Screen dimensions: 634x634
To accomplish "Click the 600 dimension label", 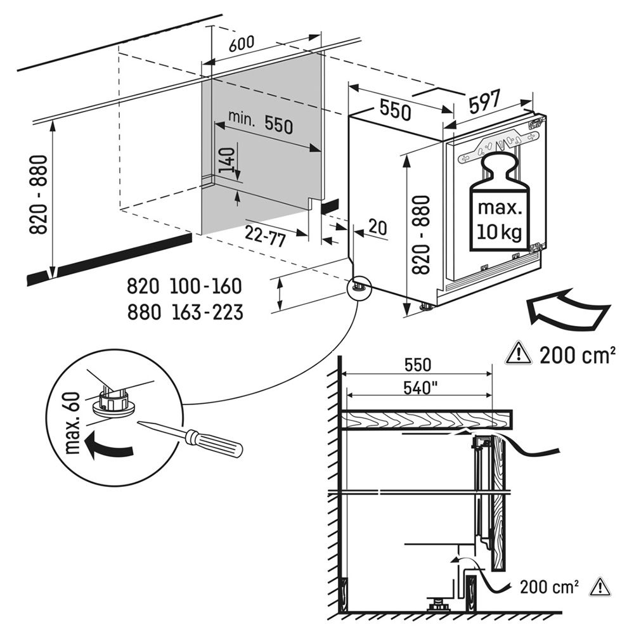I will (x=240, y=44).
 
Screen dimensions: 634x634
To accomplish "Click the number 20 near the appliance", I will (x=377, y=228).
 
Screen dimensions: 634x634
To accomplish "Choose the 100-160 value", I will (x=205, y=287).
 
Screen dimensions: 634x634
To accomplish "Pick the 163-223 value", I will (x=205, y=312).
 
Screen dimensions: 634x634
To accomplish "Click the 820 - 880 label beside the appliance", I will (x=420, y=234).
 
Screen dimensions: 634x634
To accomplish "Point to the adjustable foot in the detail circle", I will (x=115, y=404).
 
